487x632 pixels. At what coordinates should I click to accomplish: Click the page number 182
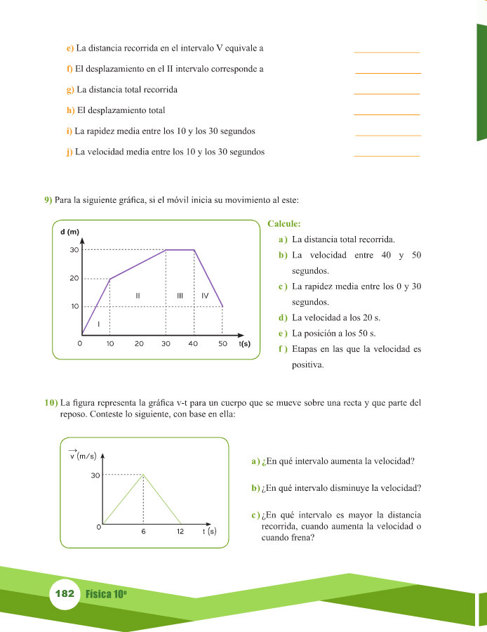64,594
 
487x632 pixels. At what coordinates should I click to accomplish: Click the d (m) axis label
69,232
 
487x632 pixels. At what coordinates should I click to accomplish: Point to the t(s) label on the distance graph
245,344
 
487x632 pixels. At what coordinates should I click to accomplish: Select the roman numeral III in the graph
180,296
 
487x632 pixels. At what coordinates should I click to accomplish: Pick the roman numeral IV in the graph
205,296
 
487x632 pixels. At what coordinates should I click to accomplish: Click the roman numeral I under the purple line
99,324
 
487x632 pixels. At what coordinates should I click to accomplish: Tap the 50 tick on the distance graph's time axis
222,344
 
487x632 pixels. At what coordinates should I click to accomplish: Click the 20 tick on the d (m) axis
74,279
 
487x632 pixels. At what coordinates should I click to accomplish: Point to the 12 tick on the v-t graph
180,532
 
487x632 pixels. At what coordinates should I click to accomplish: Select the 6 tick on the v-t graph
143,532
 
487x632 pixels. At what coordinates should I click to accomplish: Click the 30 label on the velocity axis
95,475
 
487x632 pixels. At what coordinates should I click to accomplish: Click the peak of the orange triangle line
143,475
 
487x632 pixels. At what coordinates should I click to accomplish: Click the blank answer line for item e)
387,51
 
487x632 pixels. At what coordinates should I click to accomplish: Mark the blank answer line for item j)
387,155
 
